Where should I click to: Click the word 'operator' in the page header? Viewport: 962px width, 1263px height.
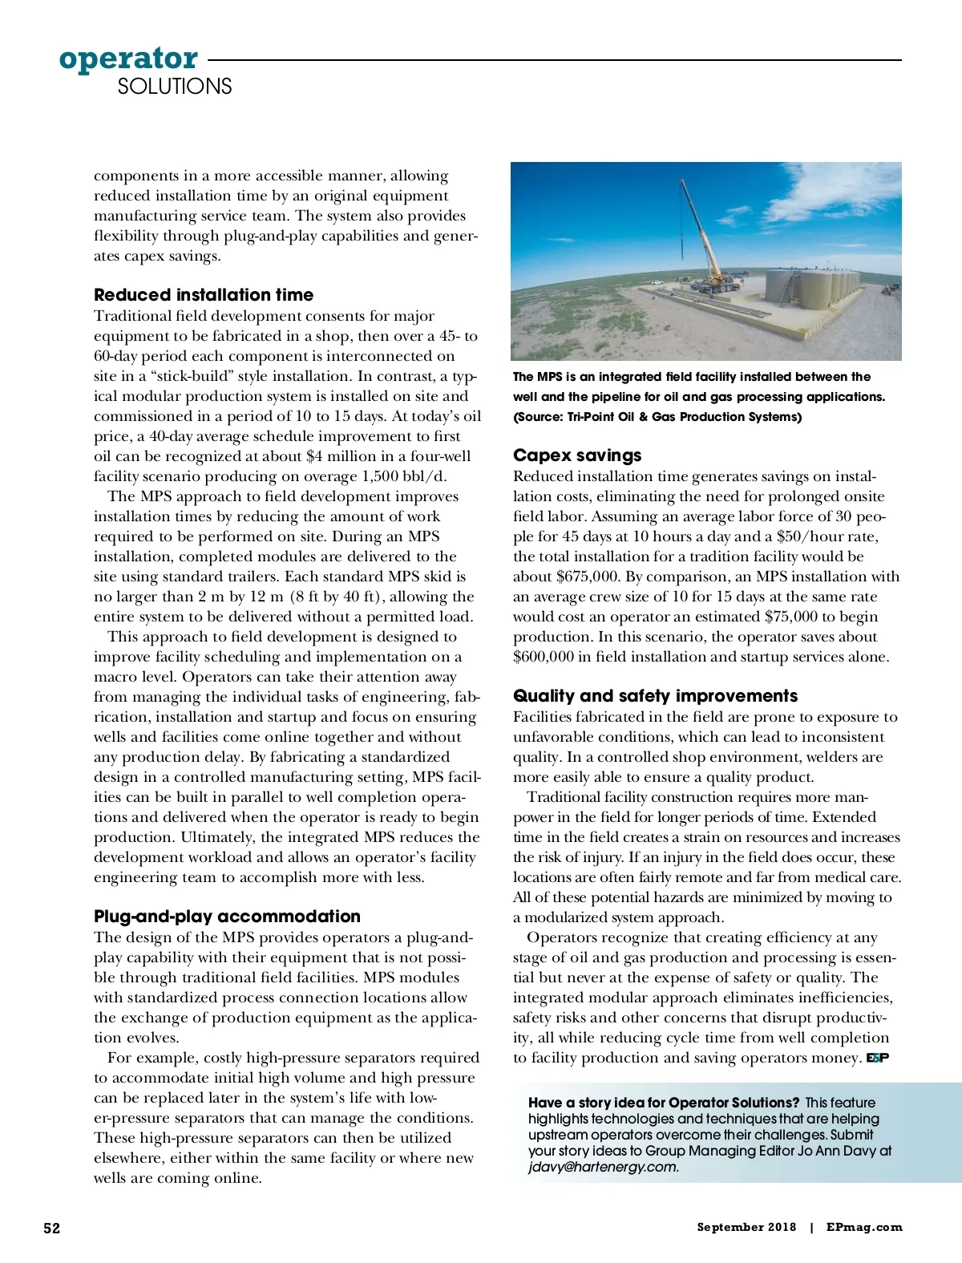pos(128,59)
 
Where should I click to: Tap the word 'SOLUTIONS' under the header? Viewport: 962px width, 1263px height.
pos(174,87)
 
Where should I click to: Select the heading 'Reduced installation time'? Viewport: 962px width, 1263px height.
pos(204,294)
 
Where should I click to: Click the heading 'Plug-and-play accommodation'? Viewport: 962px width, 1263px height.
pos(227,916)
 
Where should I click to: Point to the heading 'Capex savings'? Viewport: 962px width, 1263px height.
pos(577,455)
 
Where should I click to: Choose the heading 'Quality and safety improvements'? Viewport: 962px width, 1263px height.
pos(655,695)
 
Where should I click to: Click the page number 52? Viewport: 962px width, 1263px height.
pos(51,1228)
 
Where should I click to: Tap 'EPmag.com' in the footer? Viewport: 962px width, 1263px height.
pos(863,1227)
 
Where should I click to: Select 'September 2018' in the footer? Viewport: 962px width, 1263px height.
pos(746,1227)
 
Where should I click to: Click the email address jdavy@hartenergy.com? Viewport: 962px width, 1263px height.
pos(603,1167)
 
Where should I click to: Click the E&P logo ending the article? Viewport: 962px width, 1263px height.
pos(878,1059)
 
